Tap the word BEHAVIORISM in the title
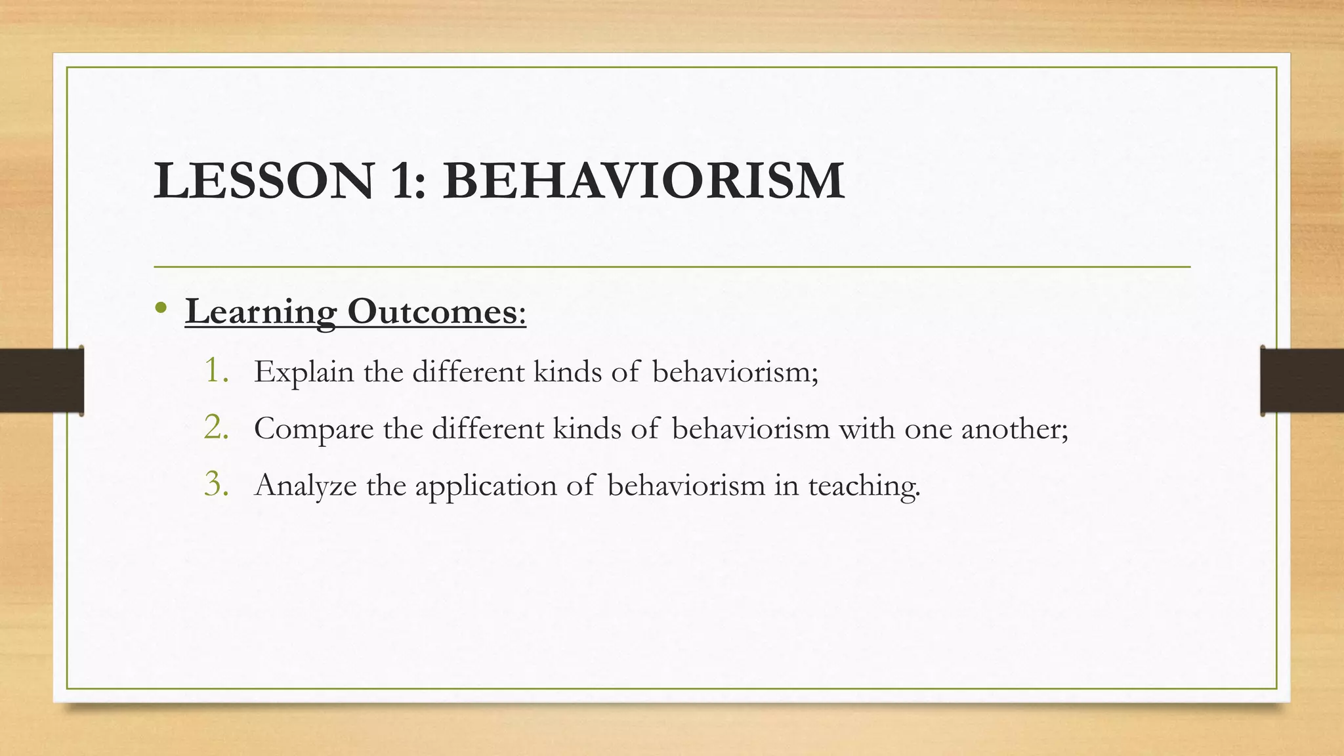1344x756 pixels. coord(644,181)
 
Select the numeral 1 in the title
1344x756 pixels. coord(402,181)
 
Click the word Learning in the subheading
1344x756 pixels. coord(261,311)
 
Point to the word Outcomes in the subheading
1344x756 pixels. coord(435,311)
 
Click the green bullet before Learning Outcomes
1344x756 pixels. coord(161,308)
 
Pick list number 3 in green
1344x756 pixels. coord(215,484)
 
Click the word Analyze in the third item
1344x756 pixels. coord(305,486)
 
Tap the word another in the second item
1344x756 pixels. coord(1013,429)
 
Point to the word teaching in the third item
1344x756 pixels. coord(863,486)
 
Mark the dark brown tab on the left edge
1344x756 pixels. coord(41,381)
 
